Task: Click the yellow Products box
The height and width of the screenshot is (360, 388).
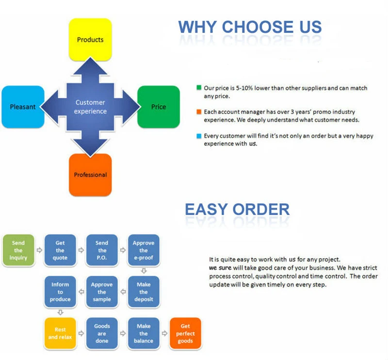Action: click(x=90, y=40)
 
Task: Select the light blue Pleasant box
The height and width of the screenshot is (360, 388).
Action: click(x=23, y=107)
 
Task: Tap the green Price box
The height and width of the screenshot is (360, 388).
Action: click(x=159, y=107)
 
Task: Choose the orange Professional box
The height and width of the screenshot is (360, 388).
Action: click(x=90, y=175)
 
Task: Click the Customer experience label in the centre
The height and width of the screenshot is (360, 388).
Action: click(x=90, y=107)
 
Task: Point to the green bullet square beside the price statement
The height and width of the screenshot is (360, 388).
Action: click(x=199, y=88)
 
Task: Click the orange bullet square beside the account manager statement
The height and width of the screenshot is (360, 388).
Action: click(x=199, y=112)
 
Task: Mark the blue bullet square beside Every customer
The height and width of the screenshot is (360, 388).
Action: click(x=199, y=136)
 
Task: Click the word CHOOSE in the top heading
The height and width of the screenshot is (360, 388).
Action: click(x=258, y=27)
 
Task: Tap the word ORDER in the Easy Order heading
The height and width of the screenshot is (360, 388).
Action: click(x=261, y=209)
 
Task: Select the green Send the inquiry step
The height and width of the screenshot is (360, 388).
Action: click(x=18, y=250)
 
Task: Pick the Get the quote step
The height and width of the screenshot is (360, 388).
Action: click(x=60, y=250)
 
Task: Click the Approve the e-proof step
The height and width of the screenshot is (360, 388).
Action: click(x=144, y=250)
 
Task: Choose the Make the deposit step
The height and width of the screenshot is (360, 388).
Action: click(x=144, y=292)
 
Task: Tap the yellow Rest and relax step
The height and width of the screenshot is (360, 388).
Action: click(x=60, y=333)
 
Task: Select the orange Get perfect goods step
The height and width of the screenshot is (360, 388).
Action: click(x=185, y=333)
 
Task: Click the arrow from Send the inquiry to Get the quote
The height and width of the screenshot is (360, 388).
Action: click(x=39, y=250)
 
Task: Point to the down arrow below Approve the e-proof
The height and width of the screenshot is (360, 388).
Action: click(x=144, y=271)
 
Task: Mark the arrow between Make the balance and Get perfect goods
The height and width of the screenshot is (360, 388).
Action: click(x=164, y=333)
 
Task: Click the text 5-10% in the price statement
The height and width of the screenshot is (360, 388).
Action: click(x=244, y=88)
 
